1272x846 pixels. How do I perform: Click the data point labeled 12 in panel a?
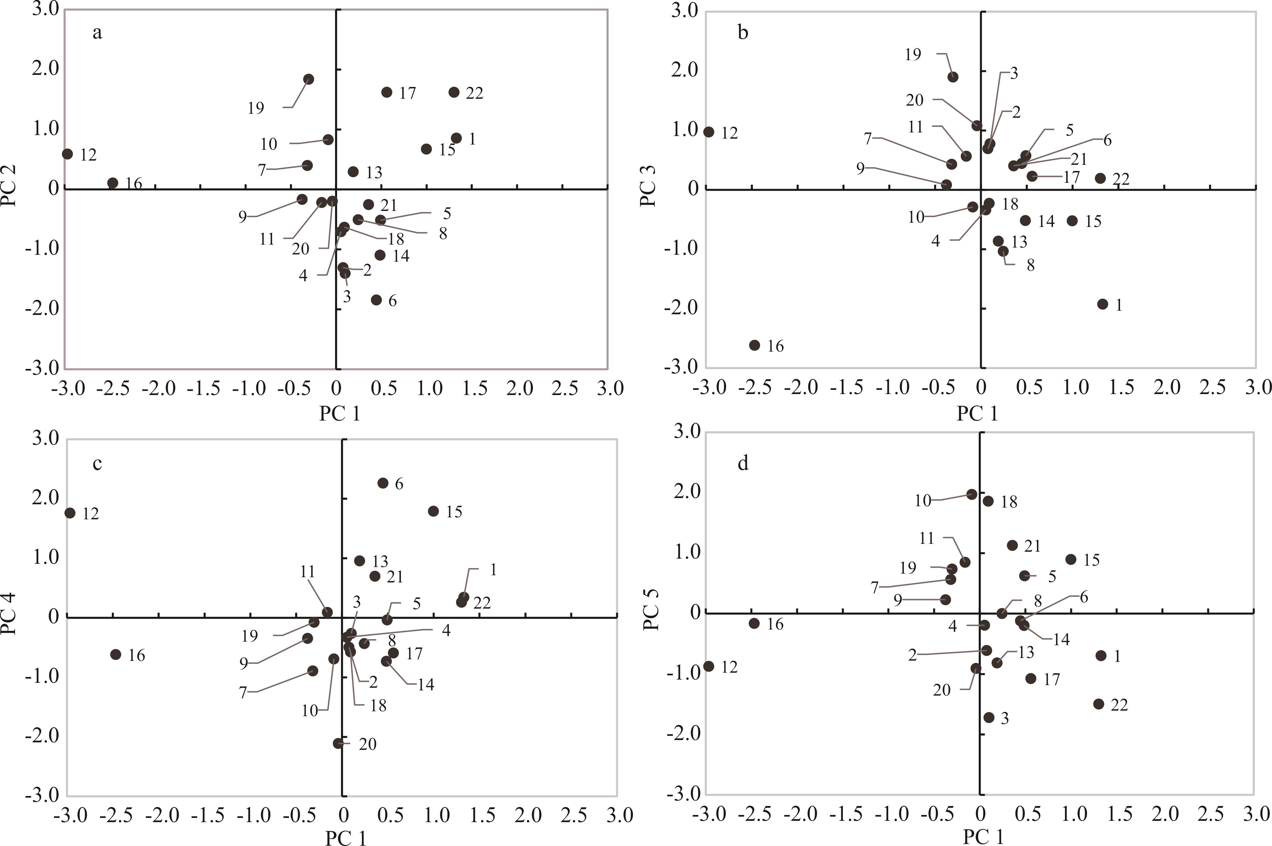pyautogui.click(x=67, y=154)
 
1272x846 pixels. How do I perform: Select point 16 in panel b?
pyautogui.click(x=755, y=345)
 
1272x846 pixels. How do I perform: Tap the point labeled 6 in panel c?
pyautogui.click(x=383, y=483)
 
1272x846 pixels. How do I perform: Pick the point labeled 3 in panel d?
pyautogui.click(x=989, y=717)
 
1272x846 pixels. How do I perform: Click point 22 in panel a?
pyautogui.click(x=454, y=92)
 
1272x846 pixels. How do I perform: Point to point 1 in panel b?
pyautogui.click(x=1103, y=304)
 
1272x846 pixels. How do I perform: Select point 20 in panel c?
pyautogui.click(x=338, y=744)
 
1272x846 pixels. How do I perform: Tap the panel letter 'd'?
pyautogui.click(x=743, y=464)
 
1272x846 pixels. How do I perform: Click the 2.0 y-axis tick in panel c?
pyautogui.click(x=47, y=497)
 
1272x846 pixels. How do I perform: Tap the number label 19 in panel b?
pyautogui.click(x=913, y=55)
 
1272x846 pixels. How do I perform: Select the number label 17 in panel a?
pyautogui.click(x=408, y=93)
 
